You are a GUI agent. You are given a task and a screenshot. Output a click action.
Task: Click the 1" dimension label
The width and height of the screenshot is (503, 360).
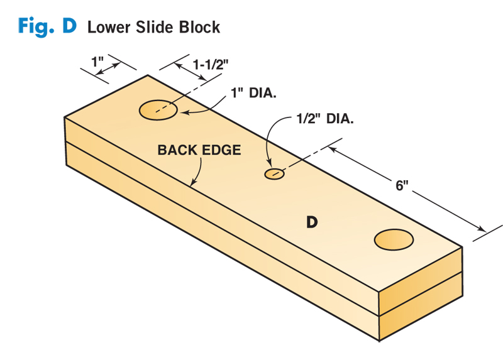pos(97,63)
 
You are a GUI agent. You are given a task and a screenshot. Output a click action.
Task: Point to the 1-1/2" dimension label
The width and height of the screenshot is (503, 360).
pos(209,64)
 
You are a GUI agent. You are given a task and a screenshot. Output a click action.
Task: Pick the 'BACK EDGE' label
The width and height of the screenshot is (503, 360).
pos(199,150)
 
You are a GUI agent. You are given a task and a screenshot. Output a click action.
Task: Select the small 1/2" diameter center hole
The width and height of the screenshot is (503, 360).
pos(274,173)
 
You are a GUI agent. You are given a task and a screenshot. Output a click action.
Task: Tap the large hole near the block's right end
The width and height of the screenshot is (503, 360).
pos(394,239)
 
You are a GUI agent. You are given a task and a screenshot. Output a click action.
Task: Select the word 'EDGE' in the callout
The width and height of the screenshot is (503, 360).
pos(223,150)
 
